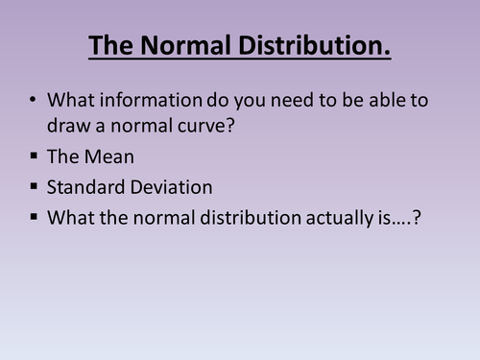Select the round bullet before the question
click(36, 100)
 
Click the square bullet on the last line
click(36, 218)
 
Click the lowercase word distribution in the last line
click(242, 218)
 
